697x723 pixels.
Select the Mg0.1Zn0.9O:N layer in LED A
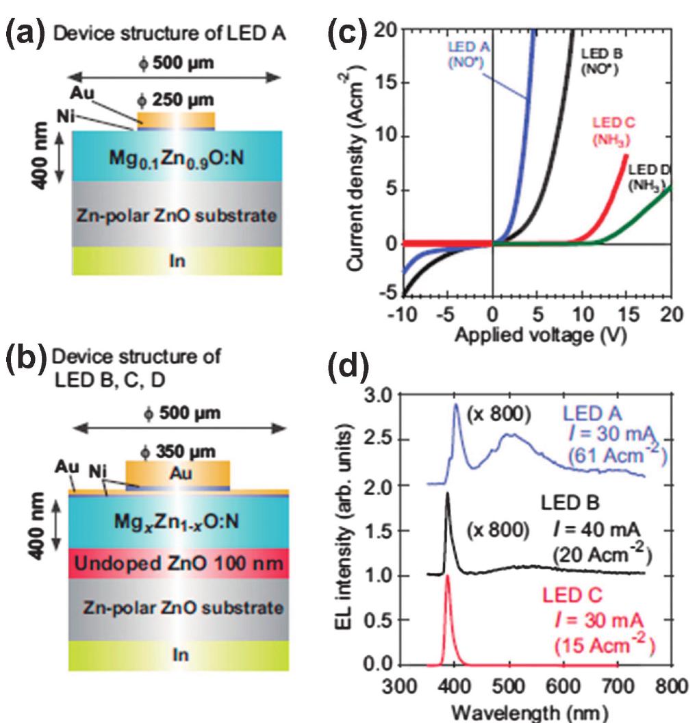177,161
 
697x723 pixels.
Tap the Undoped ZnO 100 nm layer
177,565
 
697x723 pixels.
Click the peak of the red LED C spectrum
448,576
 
